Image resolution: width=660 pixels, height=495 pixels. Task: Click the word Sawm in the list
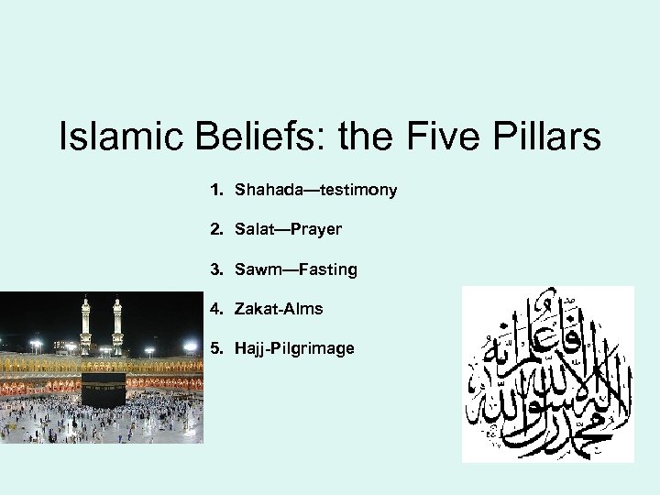(258, 269)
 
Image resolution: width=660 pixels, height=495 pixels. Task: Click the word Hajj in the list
(250, 350)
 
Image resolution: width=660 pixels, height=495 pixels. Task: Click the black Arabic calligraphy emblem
(547, 373)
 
